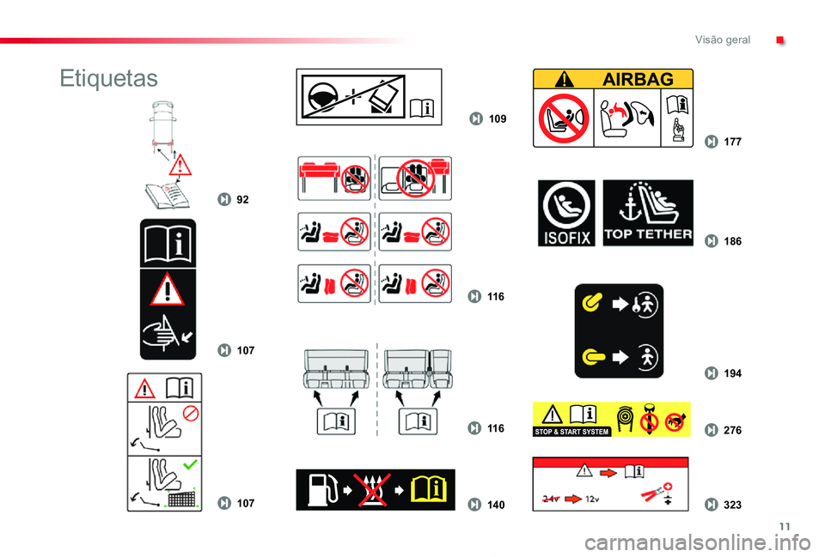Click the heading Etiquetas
coord(109,79)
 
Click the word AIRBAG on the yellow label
coord(638,79)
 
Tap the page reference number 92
coord(242,199)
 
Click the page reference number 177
coord(732,142)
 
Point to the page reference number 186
coord(732,242)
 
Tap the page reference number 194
coord(732,373)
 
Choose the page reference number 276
coord(732,429)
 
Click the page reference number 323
coord(732,505)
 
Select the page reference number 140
coord(495,505)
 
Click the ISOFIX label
coord(565,213)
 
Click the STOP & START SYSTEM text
coord(571,432)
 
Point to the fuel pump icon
coord(320,490)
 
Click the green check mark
coord(192,463)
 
